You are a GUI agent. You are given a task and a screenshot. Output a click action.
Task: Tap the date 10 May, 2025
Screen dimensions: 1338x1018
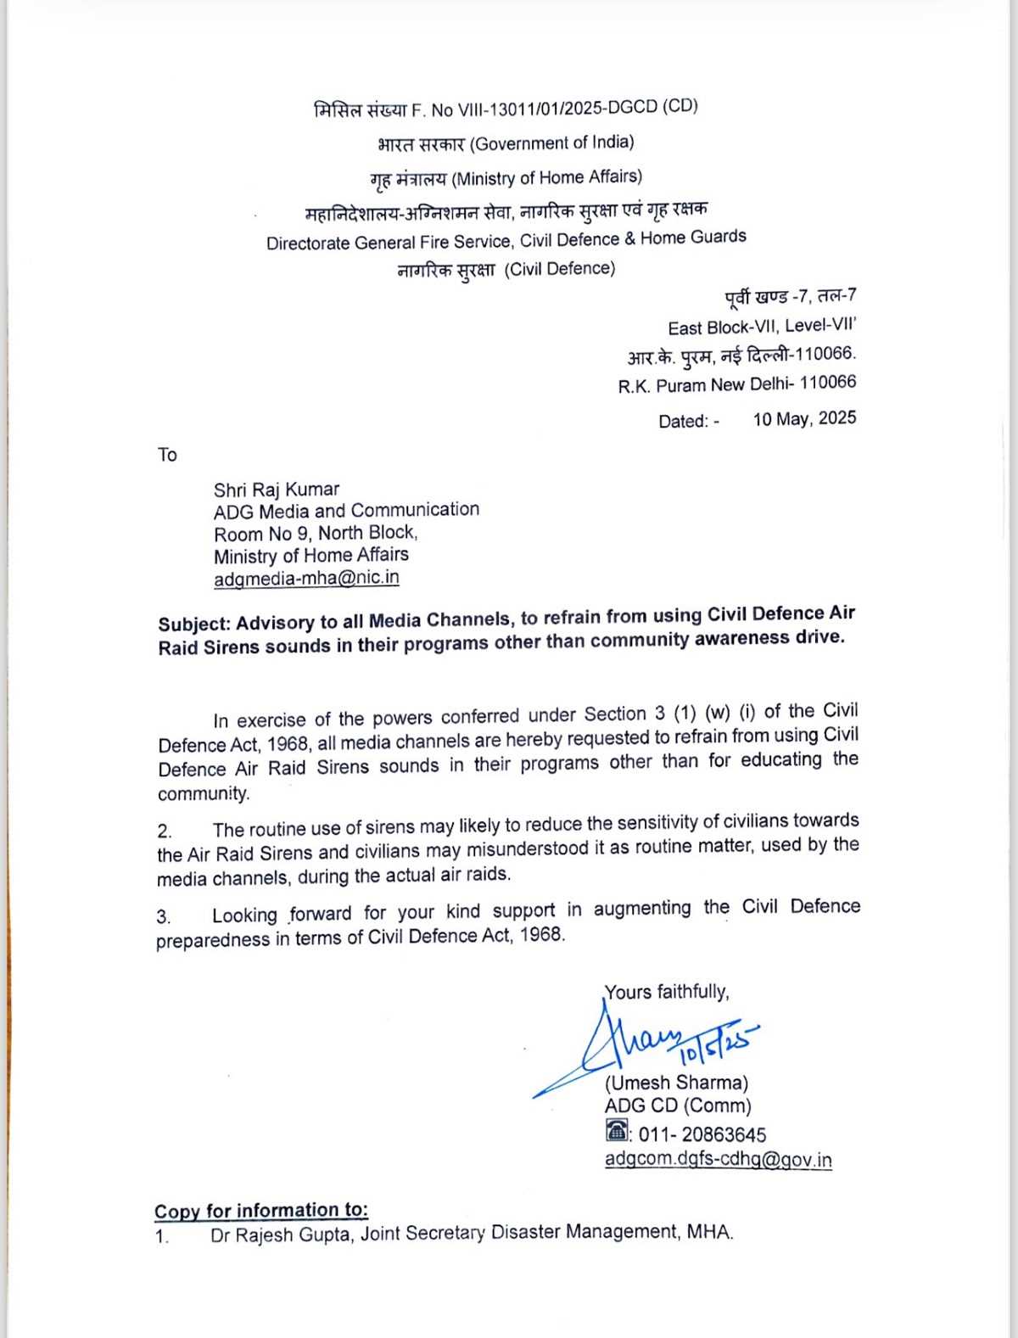tap(804, 418)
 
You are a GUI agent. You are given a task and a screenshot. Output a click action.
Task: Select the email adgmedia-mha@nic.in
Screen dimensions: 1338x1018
tap(306, 578)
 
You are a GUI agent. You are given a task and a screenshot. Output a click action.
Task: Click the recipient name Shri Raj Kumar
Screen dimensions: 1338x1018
tap(276, 490)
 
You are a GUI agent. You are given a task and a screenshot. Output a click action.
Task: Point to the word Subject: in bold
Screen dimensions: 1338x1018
tap(193, 624)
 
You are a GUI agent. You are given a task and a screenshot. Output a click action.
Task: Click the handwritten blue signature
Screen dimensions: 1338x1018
tap(645, 1044)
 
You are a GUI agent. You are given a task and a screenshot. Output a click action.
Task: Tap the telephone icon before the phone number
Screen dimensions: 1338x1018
tap(617, 1131)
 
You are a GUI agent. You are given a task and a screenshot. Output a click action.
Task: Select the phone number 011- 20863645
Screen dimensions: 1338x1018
tap(702, 1134)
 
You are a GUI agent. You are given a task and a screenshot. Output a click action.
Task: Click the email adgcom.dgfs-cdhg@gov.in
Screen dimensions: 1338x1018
tap(718, 1159)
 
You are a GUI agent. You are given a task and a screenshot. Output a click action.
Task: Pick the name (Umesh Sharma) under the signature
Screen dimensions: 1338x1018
tap(676, 1083)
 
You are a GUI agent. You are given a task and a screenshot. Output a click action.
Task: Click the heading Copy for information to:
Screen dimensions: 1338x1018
tap(261, 1210)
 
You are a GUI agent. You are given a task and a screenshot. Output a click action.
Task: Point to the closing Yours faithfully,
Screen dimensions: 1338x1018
tap(666, 992)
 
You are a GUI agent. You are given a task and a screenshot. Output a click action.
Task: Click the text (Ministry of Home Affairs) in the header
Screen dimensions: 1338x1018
tap(546, 177)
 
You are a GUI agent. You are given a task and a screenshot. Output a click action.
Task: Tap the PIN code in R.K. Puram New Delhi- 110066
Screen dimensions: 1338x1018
tap(827, 383)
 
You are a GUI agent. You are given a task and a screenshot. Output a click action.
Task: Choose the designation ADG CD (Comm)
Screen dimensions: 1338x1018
tap(678, 1106)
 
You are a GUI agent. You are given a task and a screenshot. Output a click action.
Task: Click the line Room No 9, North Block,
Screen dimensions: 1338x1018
tap(315, 533)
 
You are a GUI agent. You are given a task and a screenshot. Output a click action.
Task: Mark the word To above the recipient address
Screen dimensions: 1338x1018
tap(167, 455)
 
